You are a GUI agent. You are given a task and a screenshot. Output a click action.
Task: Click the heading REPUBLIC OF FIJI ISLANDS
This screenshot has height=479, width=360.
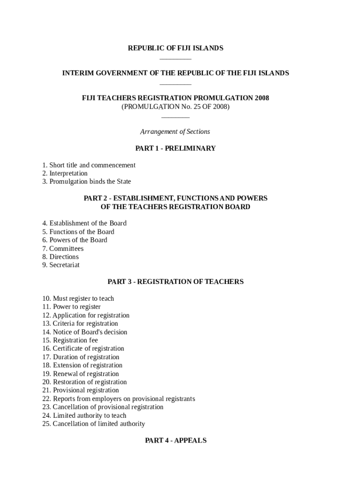(x=175, y=48)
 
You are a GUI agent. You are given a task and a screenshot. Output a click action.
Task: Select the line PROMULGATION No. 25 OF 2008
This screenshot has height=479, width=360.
(x=175, y=107)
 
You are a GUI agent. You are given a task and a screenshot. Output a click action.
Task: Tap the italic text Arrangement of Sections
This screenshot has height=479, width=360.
(x=175, y=132)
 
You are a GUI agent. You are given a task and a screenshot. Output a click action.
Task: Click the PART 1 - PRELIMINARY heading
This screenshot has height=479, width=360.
(x=175, y=148)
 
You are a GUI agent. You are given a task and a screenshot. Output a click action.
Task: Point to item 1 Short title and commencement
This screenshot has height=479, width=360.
(x=89, y=165)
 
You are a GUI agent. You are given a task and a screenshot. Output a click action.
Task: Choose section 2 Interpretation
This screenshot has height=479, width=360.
(x=65, y=174)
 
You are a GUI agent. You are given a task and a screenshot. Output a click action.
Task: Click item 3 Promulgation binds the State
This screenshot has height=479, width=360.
(x=86, y=181)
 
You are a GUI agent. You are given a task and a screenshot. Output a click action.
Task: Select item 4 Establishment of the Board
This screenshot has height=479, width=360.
(x=84, y=223)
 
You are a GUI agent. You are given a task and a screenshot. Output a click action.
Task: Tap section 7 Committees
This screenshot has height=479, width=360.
(x=63, y=248)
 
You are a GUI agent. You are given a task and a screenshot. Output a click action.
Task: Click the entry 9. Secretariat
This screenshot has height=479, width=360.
(x=61, y=265)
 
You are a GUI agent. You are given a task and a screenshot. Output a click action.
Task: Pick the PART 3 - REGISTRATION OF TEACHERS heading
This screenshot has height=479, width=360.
(x=175, y=282)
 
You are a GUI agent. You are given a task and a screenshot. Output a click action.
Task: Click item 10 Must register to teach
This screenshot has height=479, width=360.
(x=78, y=298)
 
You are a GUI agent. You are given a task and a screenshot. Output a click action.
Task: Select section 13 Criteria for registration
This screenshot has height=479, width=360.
(x=80, y=324)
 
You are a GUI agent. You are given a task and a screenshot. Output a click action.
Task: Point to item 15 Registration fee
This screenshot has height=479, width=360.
(x=70, y=341)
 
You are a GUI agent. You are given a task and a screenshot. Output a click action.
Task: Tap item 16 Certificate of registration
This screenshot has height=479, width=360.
(x=83, y=348)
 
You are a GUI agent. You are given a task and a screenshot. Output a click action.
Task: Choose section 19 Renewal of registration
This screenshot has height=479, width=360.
(x=80, y=374)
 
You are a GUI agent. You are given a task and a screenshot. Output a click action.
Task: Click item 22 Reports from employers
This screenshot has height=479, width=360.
(x=118, y=399)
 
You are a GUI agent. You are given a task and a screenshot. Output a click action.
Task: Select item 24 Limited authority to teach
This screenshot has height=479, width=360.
(x=84, y=415)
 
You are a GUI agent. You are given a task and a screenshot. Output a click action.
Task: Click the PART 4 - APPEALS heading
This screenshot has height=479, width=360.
(x=175, y=440)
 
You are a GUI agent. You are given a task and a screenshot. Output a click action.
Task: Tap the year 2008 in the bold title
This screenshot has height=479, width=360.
(x=262, y=98)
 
